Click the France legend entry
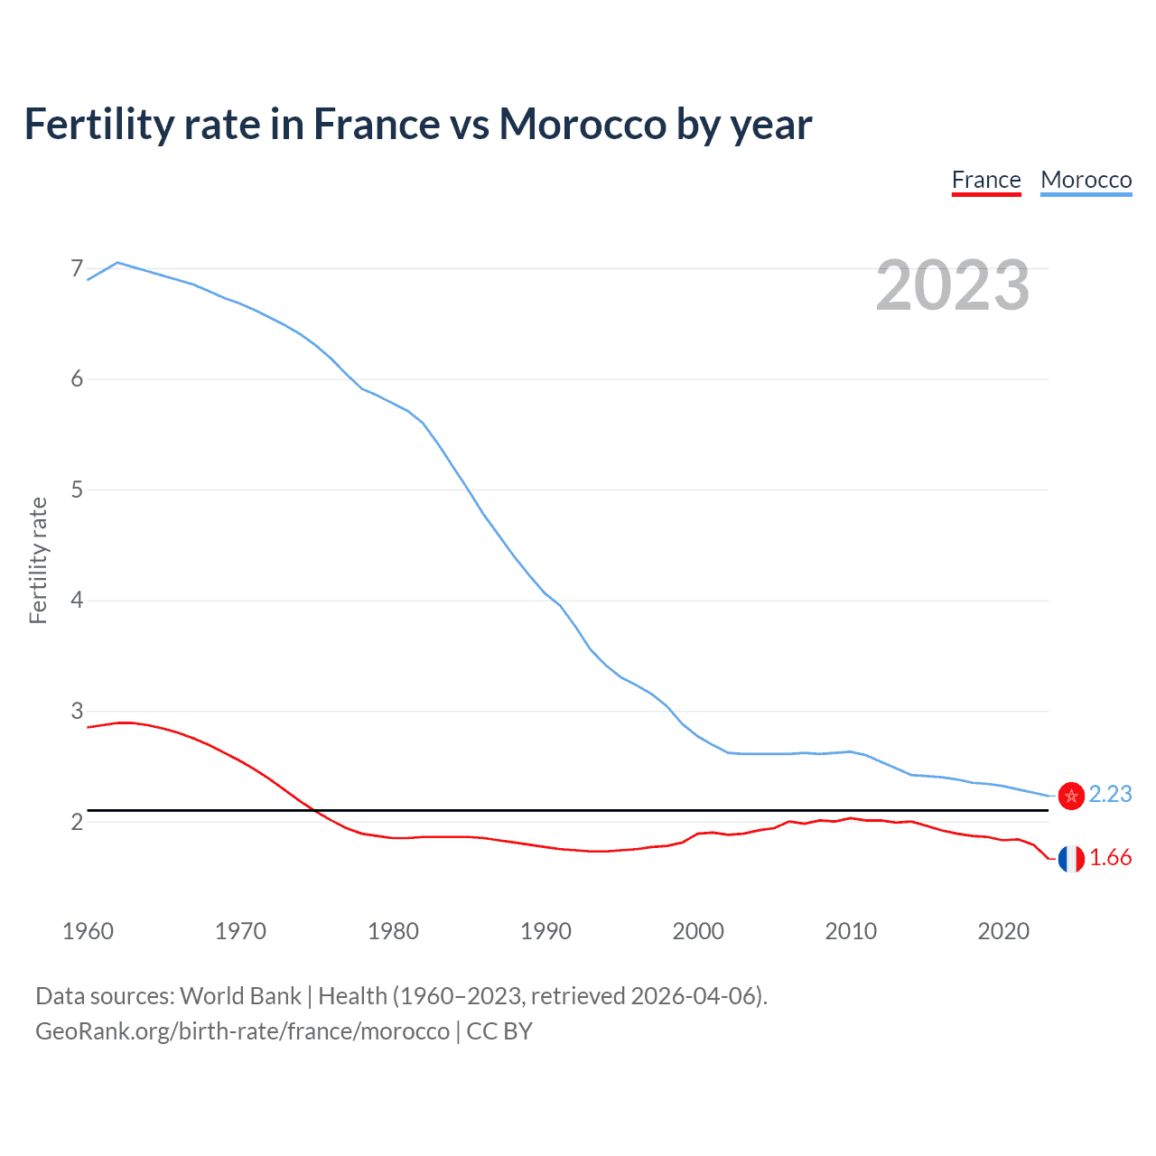coord(986,180)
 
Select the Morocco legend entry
coord(1086,180)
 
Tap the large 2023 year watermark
coord(953,285)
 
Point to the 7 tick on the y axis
coord(77,268)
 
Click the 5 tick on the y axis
coord(77,489)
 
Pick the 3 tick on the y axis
coord(77,711)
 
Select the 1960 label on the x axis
coord(88,931)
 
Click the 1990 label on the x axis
coord(545,931)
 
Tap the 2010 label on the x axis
coord(851,931)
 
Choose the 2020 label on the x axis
coord(1003,931)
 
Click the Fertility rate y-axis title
coord(38,560)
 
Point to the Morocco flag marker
coord(1071,796)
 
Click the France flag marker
coord(1071,859)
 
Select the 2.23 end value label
coord(1110,794)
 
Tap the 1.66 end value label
coord(1110,858)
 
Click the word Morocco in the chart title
coord(583,124)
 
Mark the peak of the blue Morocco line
coord(117,263)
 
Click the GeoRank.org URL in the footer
coord(242,1031)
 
